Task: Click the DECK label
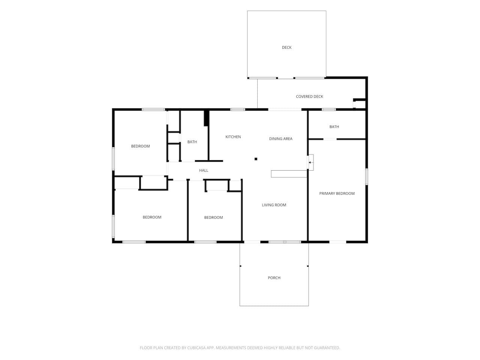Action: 286,47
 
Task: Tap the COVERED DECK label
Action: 309,96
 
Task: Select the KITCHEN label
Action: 233,137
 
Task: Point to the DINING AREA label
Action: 280,139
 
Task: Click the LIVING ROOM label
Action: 274,205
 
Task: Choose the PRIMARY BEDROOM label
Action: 337,193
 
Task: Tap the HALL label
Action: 204,171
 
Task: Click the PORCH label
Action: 274,278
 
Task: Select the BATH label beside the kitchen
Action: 192,142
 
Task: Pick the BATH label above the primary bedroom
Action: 334,126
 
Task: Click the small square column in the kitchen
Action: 256,159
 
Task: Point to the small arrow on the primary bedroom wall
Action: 310,162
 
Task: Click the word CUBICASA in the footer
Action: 196,348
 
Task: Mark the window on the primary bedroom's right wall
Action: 367,177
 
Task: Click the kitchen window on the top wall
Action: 237,109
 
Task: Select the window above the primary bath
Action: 328,109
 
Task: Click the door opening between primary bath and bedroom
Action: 330,139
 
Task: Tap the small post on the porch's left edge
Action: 240,266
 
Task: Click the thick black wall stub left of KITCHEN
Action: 206,118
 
